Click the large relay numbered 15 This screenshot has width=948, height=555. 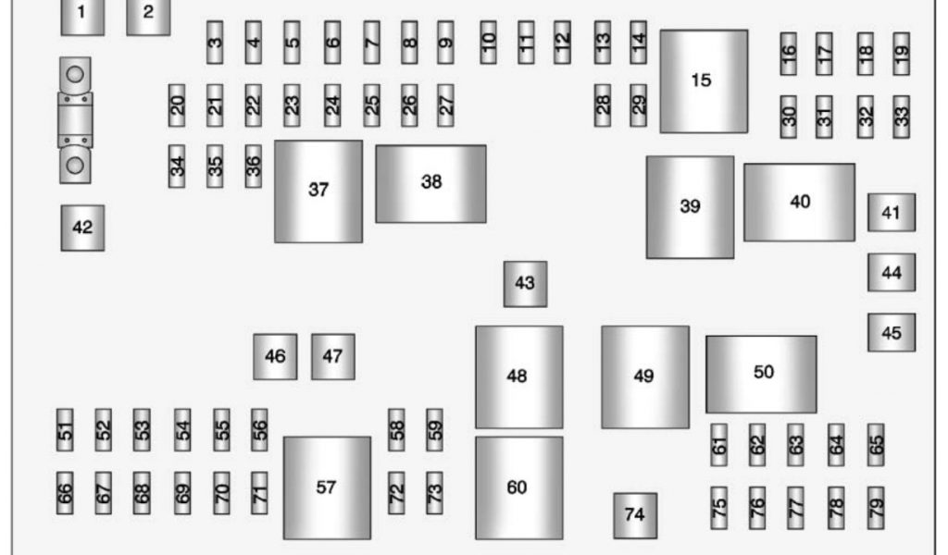703,80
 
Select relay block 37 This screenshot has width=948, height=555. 318,191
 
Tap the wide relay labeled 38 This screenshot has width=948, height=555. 430,183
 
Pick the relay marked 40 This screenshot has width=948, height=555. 799,202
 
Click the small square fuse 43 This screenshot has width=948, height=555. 525,283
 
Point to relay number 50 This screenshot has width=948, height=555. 761,374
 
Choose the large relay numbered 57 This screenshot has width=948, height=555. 326,487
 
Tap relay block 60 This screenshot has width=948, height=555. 518,487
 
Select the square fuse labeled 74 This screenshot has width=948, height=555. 635,515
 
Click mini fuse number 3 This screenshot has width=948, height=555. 215,42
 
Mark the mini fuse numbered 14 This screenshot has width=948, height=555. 638,42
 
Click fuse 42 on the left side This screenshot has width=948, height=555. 82,228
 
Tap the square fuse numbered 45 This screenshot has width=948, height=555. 891,332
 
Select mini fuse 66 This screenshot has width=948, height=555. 65,493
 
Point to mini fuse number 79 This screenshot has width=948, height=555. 876,507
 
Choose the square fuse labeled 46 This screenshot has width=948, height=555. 275,356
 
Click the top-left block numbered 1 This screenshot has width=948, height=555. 82,15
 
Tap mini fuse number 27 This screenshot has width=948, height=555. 446,105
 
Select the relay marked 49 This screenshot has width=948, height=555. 644,376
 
